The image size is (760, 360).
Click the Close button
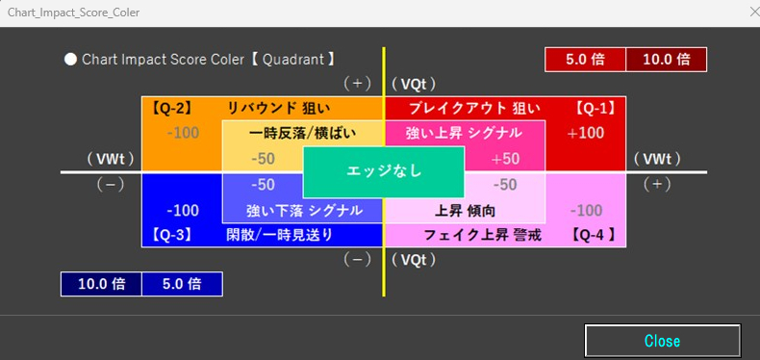coord(662,341)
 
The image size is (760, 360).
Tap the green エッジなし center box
coord(384,170)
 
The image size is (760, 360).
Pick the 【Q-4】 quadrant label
coord(592,234)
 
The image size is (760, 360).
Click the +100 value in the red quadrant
coord(586,133)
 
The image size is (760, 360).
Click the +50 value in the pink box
coord(505,159)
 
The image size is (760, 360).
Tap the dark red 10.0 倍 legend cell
coord(666,59)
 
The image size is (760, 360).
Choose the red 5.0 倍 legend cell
coord(585,59)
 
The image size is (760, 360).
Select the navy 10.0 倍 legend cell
coord(100,284)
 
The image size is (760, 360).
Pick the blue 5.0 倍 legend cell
coord(181,284)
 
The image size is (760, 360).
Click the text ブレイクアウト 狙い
coord(474,108)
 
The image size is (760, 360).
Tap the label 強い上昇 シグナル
coord(464,133)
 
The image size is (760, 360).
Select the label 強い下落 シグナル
coord(304,210)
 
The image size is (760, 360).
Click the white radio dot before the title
coord(70,59)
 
